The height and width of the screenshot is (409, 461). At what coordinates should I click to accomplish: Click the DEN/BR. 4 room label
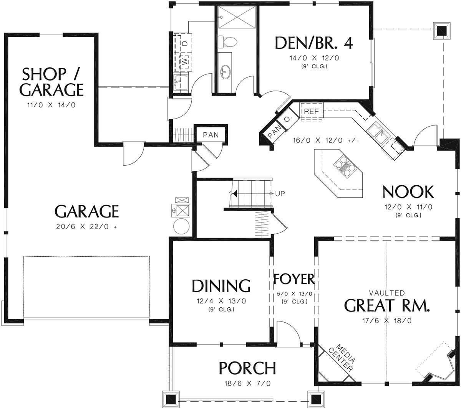[314, 43]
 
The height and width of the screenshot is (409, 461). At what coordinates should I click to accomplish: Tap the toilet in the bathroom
[227, 42]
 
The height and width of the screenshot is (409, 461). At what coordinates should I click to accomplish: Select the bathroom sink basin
[226, 72]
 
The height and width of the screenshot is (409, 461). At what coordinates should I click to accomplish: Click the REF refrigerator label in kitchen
[311, 111]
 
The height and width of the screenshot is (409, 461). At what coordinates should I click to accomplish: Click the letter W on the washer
[185, 61]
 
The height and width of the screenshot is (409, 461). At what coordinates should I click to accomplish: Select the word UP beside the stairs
[280, 194]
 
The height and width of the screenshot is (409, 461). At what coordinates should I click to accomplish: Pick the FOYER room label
[294, 279]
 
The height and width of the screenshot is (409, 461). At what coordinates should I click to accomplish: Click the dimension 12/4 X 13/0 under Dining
[221, 301]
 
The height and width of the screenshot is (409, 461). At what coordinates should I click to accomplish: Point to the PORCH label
[247, 368]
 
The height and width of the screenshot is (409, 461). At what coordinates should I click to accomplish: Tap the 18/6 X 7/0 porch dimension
[247, 384]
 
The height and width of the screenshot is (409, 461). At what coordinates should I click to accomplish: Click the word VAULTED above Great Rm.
[387, 293]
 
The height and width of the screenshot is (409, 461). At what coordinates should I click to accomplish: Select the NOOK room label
[408, 192]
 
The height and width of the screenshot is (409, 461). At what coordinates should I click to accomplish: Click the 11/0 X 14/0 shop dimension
[51, 105]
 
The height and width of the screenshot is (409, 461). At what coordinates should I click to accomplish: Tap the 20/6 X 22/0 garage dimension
[86, 226]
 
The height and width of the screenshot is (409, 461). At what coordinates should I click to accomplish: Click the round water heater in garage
[181, 226]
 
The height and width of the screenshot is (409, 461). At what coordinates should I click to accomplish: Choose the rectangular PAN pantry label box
[211, 135]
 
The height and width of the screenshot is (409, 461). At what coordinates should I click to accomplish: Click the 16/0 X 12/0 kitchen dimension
[326, 140]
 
